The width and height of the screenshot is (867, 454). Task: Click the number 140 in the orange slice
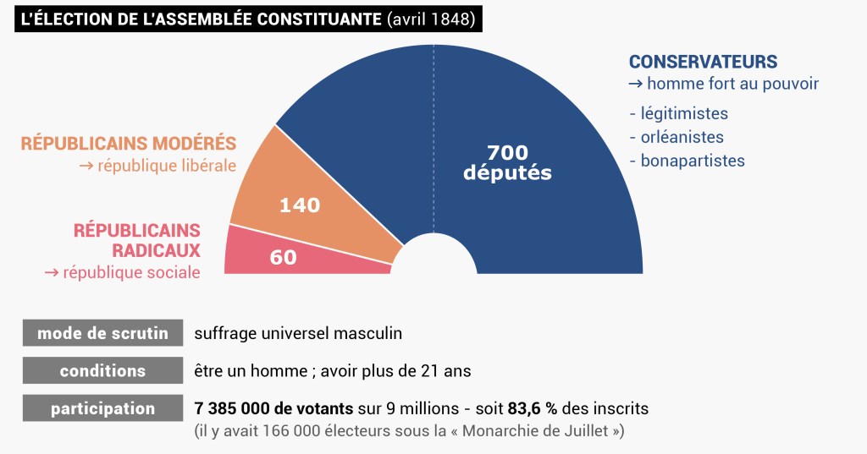pyautogui.click(x=301, y=205)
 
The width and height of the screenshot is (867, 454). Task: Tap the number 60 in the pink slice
pyautogui.click(x=283, y=257)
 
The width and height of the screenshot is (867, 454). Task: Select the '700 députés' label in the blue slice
pyautogui.click(x=508, y=162)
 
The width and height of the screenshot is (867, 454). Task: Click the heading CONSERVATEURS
pyautogui.click(x=703, y=62)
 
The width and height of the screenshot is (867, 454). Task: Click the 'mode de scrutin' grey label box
pyautogui.click(x=102, y=333)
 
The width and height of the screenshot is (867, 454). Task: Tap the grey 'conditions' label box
pyautogui.click(x=102, y=371)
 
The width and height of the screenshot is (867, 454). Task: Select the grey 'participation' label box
pyautogui.click(x=102, y=409)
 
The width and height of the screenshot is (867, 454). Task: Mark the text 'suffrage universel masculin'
pyautogui.click(x=298, y=333)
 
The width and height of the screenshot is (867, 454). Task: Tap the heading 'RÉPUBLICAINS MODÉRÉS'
pyautogui.click(x=129, y=144)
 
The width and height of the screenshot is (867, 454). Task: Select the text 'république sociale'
pyautogui.click(x=131, y=272)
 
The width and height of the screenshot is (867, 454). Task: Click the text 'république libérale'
pyautogui.click(x=167, y=166)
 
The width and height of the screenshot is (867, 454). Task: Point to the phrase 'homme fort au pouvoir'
pyautogui.click(x=732, y=84)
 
